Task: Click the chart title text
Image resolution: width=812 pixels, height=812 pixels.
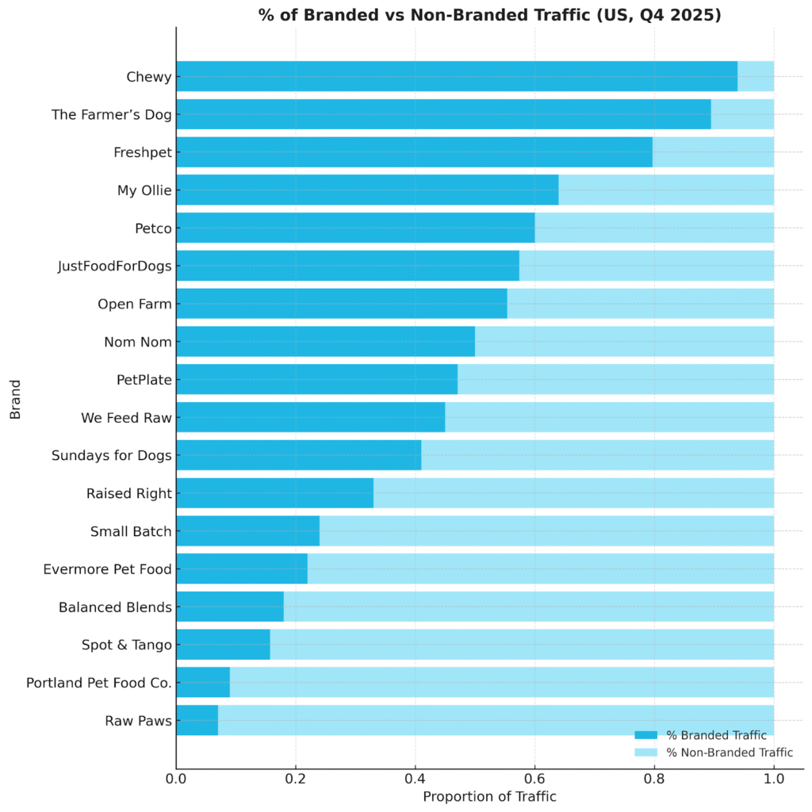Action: coord(489,15)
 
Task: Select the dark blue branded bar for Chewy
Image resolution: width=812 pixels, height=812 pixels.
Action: coord(456,76)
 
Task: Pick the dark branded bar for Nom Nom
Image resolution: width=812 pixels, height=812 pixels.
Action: coord(325,342)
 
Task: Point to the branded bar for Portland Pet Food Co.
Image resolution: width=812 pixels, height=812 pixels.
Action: coord(203,682)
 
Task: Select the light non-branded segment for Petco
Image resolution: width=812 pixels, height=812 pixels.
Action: coord(654,228)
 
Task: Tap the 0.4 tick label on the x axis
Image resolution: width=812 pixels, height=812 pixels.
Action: coord(415,779)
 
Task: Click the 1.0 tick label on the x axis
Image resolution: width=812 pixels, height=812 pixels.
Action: coord(773,779)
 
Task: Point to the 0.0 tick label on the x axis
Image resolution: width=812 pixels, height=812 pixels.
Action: coord(176,779)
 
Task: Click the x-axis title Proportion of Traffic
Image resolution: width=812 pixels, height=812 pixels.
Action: coord(489,797)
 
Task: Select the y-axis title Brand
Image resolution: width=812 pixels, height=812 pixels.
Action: coord(15,399)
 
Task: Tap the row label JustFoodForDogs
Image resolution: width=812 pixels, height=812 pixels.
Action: coord(115,266)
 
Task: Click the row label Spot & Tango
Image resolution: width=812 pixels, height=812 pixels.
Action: coord(127,645)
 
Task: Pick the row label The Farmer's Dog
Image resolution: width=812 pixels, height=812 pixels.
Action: coord(112,115)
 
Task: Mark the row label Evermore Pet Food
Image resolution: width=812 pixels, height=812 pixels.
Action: coord(108,569)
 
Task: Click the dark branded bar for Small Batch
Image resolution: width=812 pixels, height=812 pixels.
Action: coord(247,530)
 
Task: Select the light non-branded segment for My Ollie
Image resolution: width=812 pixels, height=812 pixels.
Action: coord(666,190)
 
